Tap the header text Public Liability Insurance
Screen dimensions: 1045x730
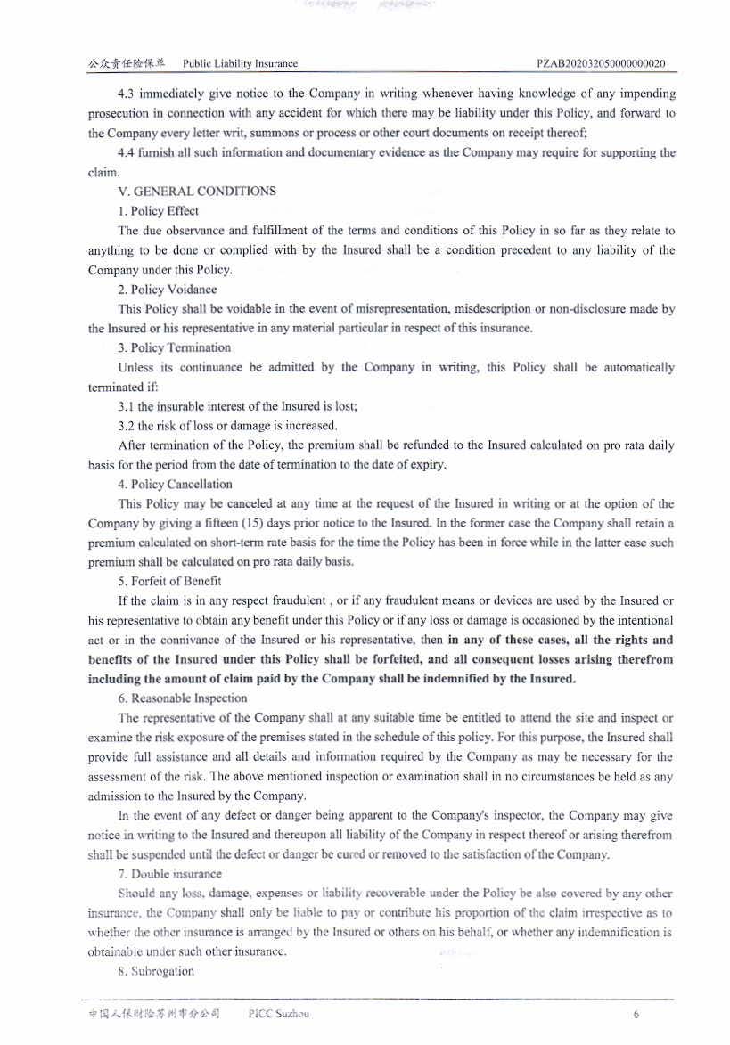click(240, 63)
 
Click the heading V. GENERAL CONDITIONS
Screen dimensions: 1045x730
click(197, 192)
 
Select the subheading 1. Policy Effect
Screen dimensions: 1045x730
click(159, 211)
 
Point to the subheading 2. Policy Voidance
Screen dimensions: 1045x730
click(168, 290)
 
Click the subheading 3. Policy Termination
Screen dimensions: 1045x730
click(175, 347)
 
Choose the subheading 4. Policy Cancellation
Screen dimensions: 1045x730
click(176, 485)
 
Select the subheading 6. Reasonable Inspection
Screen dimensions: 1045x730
click(183, 698)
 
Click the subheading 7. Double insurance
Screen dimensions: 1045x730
click(170, 874)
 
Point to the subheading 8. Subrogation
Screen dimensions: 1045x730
click(156, 971)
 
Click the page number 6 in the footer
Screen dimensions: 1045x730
click(636, 1015)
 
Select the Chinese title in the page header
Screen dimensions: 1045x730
click(127, 63)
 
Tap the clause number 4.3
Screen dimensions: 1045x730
click(127, 94)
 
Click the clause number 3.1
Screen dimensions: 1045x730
click(127, 406)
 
